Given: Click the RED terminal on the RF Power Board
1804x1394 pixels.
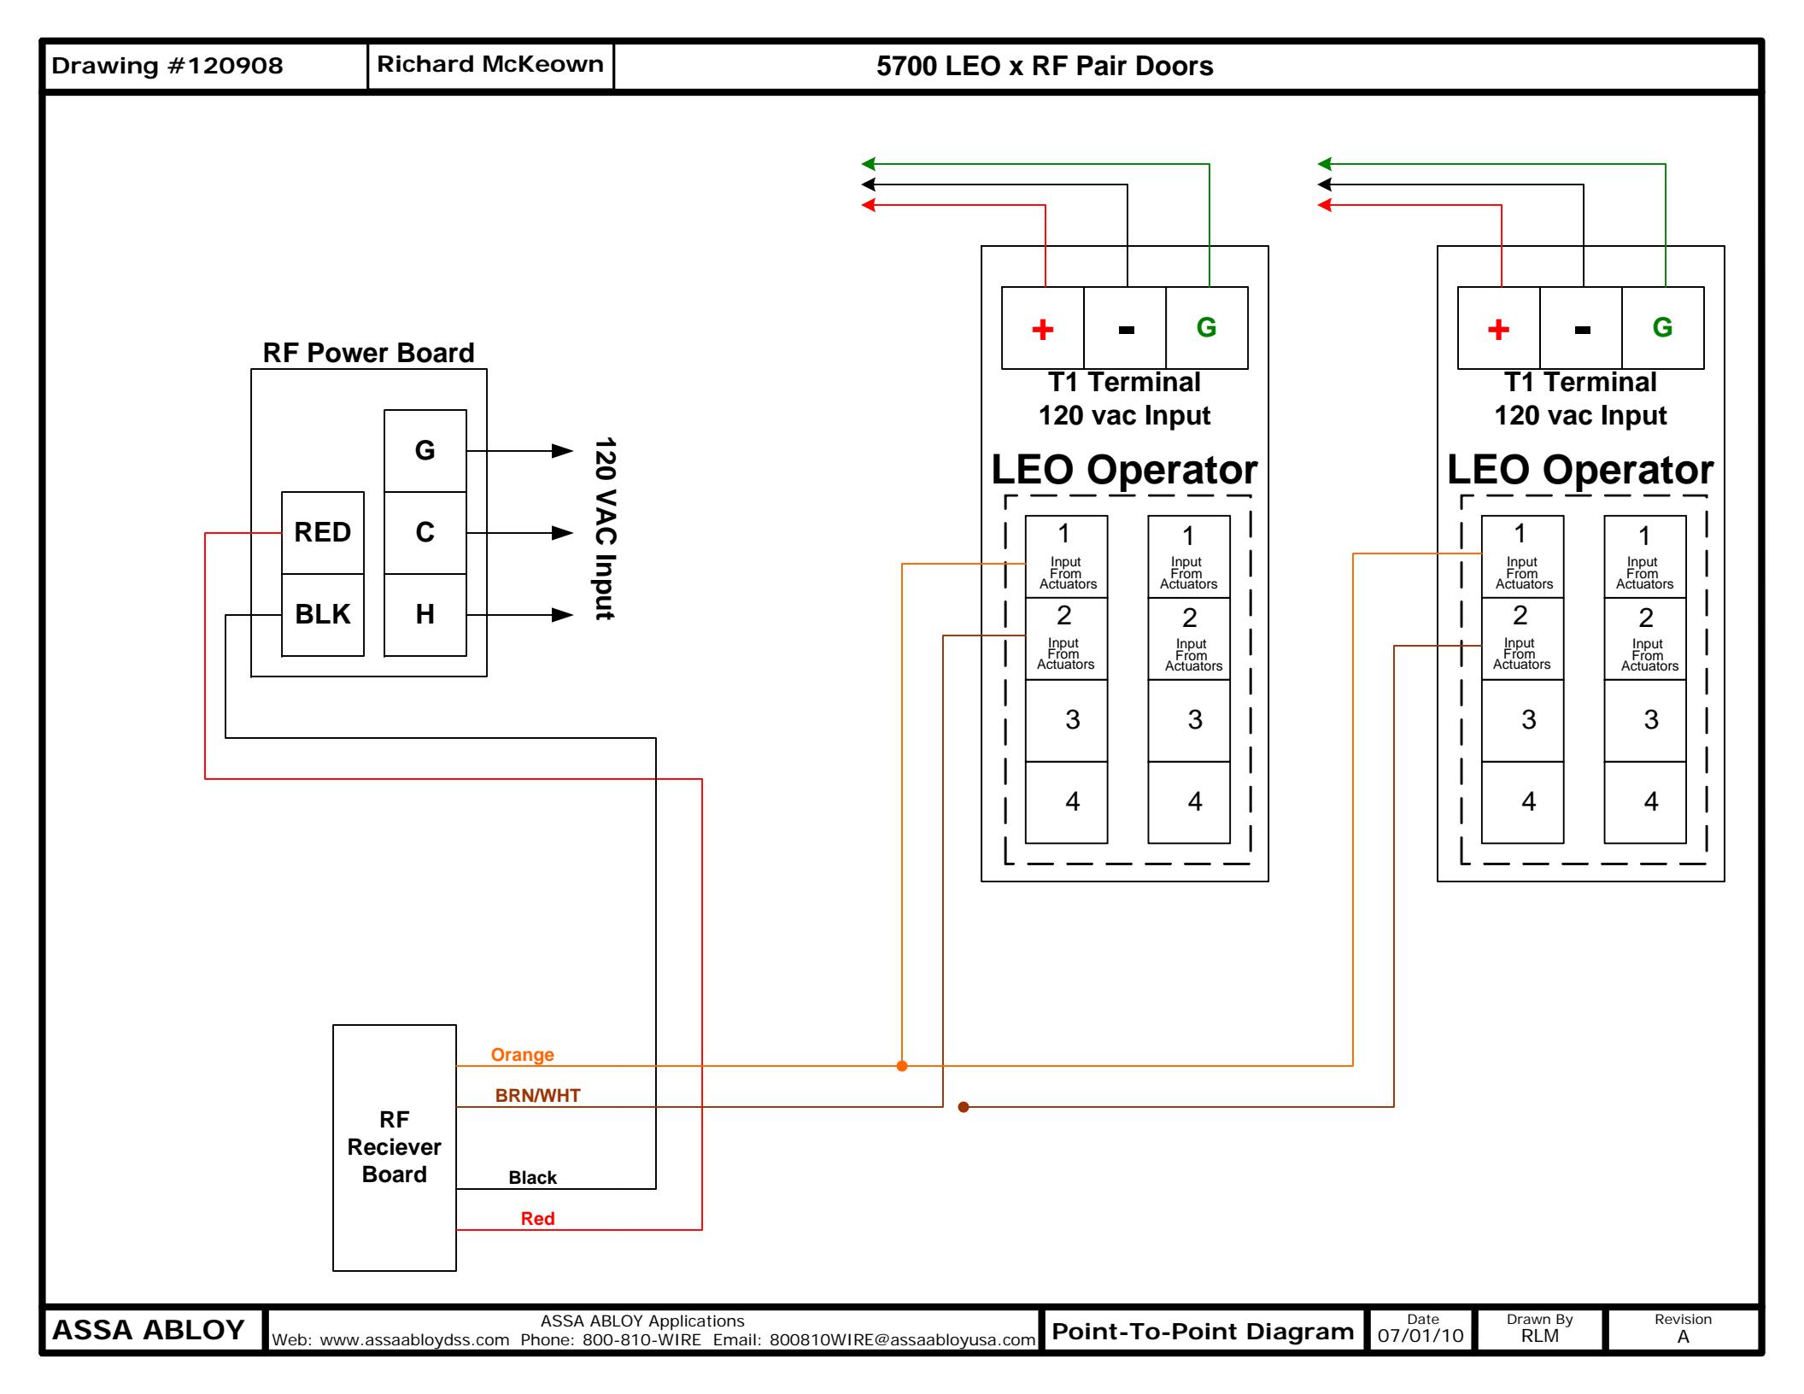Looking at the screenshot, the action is pos(323,533).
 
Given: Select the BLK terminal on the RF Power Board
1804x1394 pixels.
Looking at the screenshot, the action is pos(323,615).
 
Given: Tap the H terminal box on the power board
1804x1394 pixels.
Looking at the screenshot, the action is pos(425,615).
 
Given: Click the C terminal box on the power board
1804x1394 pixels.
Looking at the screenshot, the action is pos(425,533).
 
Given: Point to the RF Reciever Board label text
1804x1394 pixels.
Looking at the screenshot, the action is pos(394,1146).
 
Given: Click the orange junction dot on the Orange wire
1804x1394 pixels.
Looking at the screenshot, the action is pos(902,1066).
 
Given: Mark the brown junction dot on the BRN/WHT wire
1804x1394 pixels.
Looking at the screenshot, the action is pos(963,1107).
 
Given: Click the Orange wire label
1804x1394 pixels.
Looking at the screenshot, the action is pos(522,1055).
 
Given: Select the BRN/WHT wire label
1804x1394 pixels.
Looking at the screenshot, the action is pos(538,1096).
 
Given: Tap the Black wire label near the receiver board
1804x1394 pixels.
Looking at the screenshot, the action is pos(532,1178).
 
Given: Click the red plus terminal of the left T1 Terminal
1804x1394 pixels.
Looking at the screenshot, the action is pos(1043,328).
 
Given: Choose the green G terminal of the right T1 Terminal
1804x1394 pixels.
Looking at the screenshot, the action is pos(1663,328).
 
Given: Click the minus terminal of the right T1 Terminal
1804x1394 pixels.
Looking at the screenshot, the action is pos(1581,328).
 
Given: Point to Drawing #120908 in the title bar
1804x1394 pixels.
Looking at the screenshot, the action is pos(167,66).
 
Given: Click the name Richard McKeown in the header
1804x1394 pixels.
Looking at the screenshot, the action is pos(490,64).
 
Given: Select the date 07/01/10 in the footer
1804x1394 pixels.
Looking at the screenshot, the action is pos(1420,1336).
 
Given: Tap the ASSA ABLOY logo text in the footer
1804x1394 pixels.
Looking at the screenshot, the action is pos(149,1330).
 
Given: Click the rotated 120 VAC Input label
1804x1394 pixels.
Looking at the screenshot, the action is pos(605,529).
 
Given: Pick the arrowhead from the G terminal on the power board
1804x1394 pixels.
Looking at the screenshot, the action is pos(563,451).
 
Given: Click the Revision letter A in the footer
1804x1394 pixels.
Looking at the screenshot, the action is pos(1684,1337).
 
